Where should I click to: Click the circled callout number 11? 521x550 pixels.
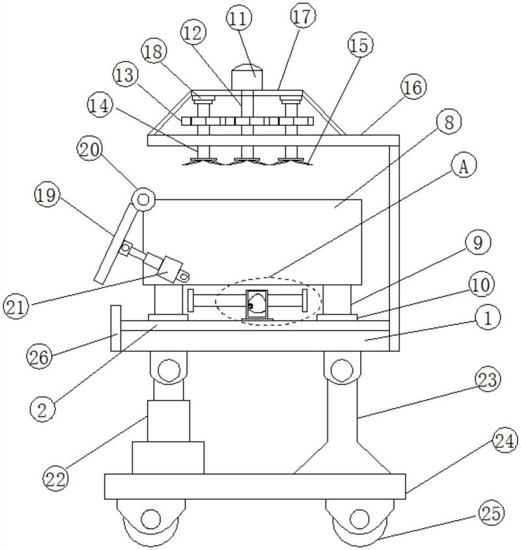pos(239,19)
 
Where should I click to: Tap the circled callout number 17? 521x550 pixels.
pos(303,17)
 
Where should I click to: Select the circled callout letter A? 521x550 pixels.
pos(464,167)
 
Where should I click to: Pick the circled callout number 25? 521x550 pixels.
pos(491,513)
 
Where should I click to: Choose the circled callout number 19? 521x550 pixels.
pos(47,195)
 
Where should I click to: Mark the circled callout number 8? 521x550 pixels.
pos(449,123)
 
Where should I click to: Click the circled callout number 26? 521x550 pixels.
pos(39,357)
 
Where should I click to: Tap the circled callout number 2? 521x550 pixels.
pos(42,410)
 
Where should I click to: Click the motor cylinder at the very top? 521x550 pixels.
pos(247,77)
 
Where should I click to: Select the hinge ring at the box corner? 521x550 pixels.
pos(143,200)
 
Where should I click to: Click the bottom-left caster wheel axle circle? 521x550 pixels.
pos(151,519)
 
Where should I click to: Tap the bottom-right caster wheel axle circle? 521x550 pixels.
pos(359,519)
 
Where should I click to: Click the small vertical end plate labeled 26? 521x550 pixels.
pos(116,328)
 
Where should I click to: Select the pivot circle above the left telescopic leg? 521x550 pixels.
pos(169,370)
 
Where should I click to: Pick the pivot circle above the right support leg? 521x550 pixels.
pos(341,370)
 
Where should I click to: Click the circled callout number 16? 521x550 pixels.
pos(414,87)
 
